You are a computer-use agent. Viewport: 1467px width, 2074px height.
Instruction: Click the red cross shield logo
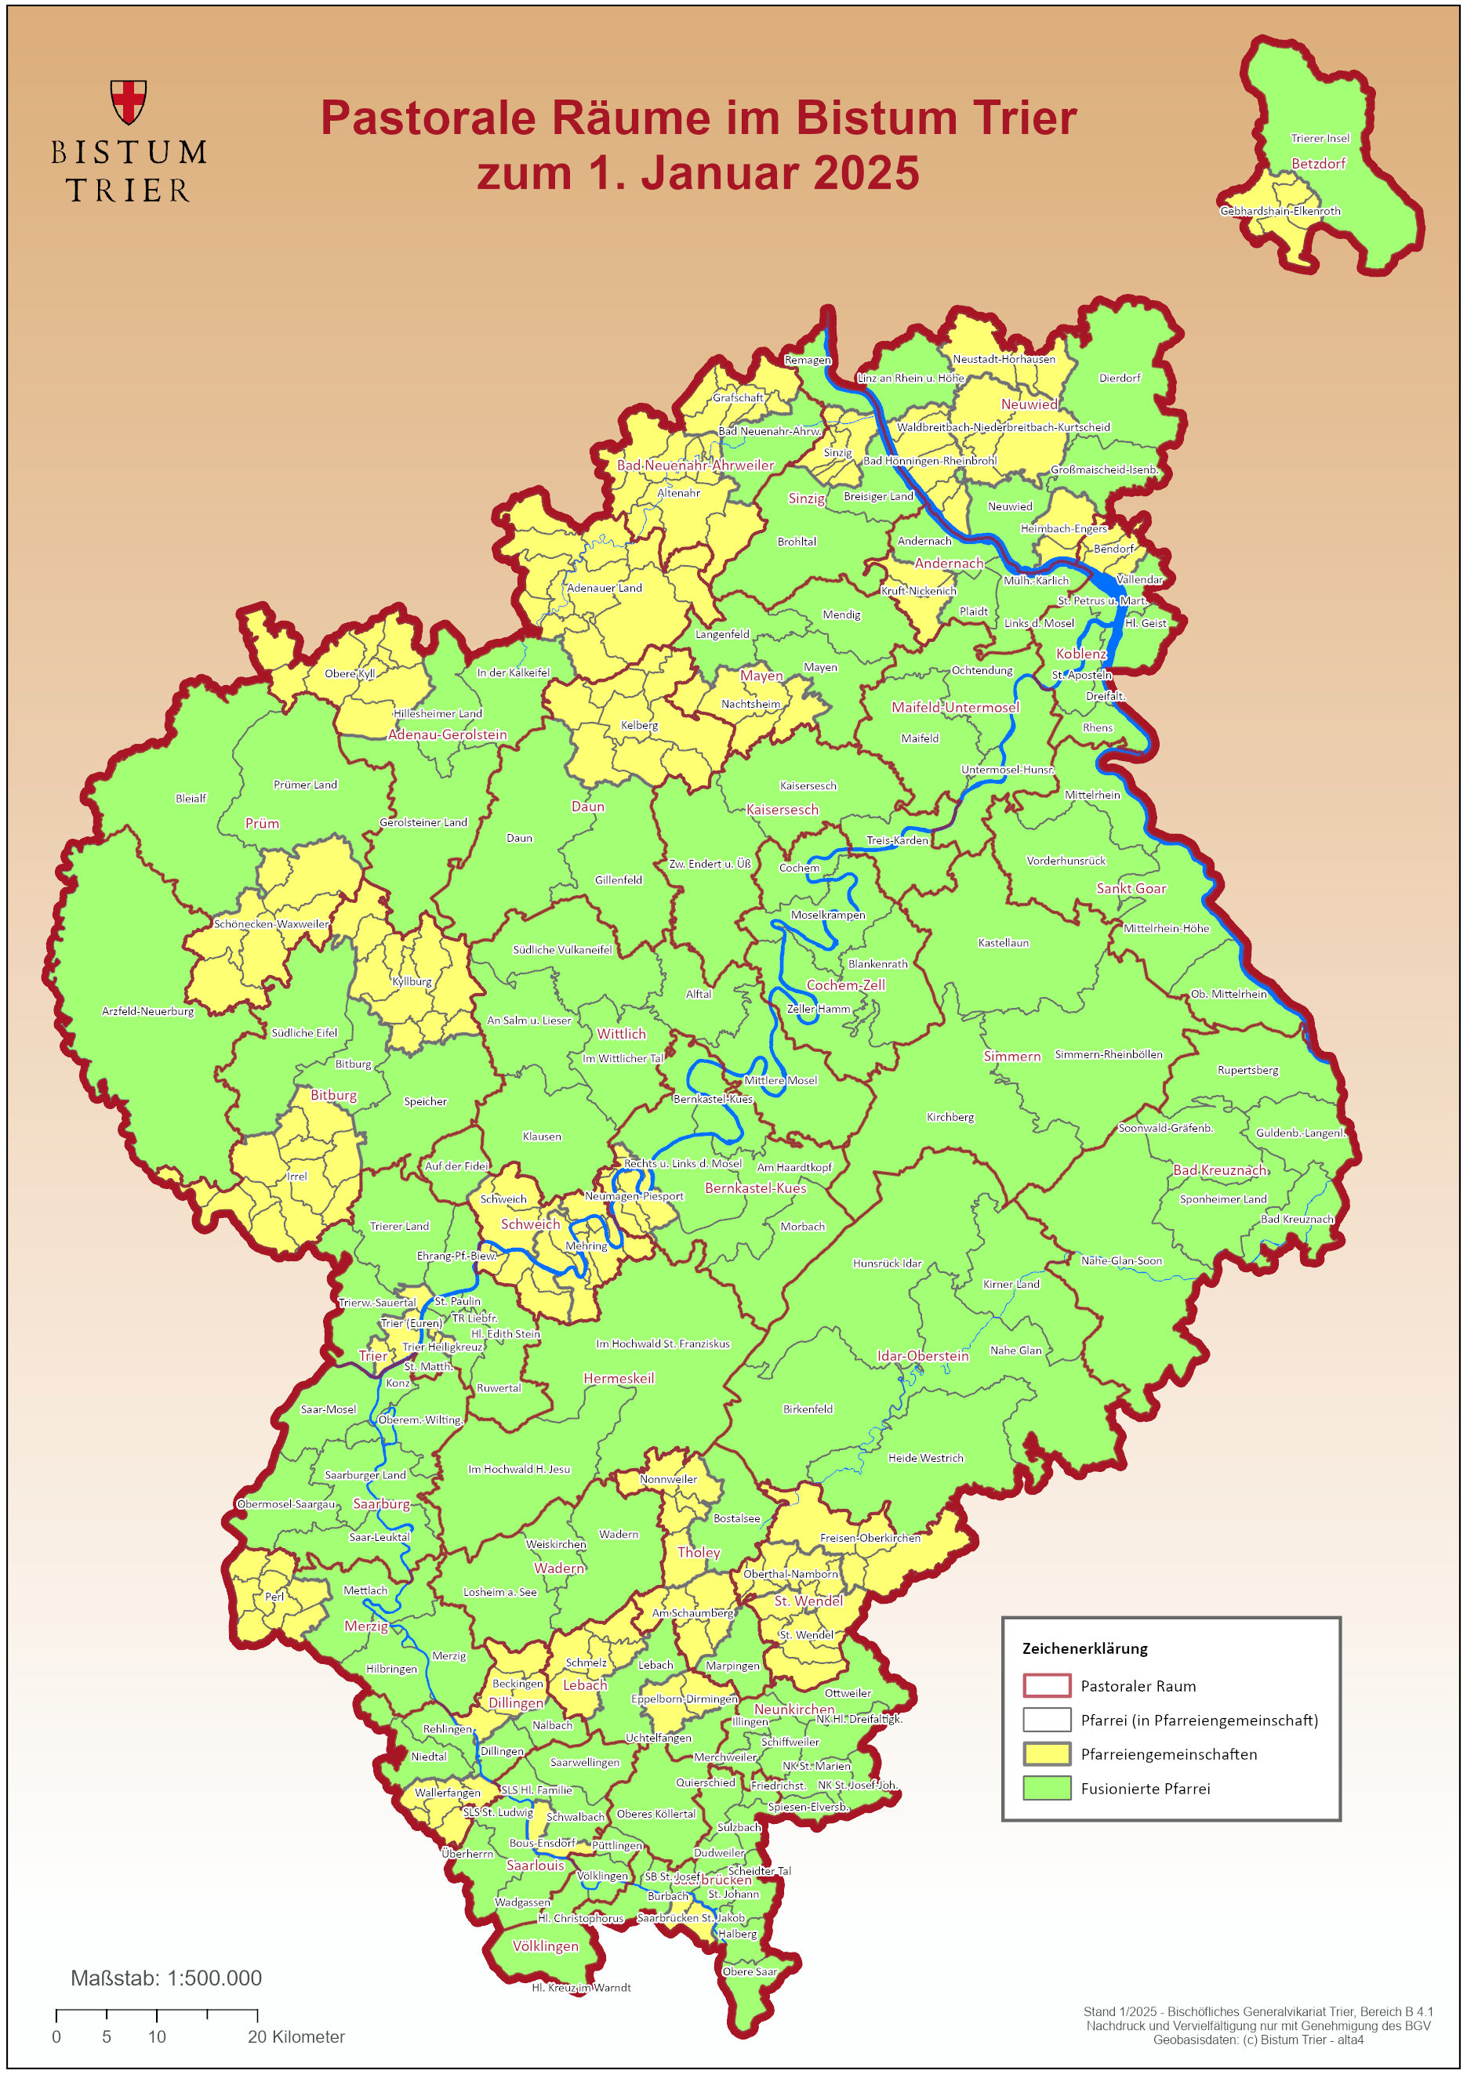(129, 101)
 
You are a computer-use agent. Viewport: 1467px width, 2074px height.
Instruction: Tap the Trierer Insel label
(1320, 138)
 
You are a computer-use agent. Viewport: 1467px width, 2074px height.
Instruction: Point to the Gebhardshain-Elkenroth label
(1280, 212)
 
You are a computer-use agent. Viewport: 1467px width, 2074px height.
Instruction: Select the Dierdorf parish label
(1119, 379)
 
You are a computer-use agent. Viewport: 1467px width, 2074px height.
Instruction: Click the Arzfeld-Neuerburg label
(148, 1011)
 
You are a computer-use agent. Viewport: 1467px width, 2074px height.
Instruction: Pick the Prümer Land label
(305, 785)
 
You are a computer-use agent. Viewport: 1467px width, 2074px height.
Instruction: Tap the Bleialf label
(191, 799)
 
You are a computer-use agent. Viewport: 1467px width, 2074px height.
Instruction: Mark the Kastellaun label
(1003, 943)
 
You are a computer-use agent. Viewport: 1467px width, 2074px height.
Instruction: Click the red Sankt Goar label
(1131, 889)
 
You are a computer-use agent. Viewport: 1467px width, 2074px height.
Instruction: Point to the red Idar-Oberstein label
(922, 1356)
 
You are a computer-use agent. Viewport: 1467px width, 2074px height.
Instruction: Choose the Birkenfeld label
(808, 1409)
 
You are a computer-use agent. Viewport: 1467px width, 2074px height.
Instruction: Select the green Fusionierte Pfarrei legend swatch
(1046, 1788)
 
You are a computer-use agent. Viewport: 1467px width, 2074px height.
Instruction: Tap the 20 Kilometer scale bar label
(296, 2036)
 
